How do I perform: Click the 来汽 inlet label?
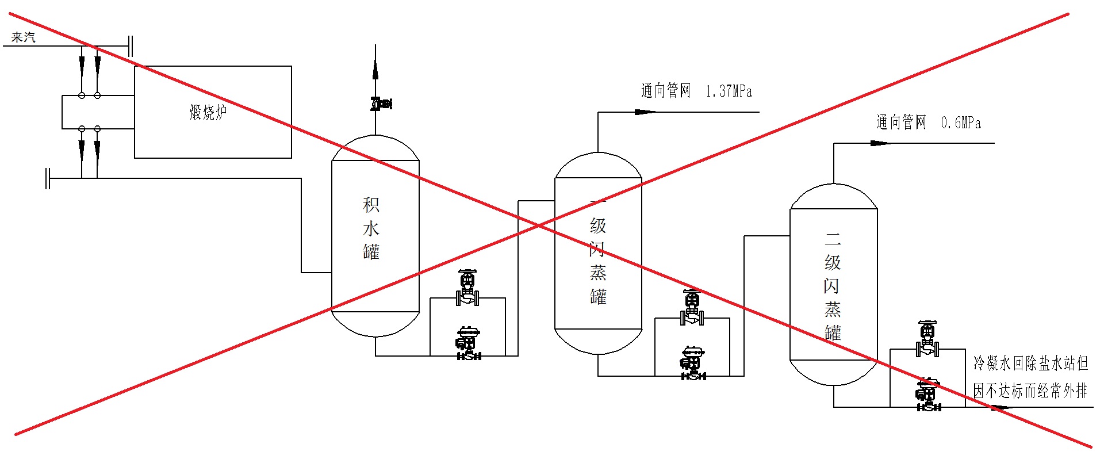point(24,37)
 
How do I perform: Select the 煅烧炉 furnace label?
point(208,112)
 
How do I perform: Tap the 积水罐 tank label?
point(371,228)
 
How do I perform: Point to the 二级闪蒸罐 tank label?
point(833,286)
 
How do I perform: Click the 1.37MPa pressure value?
point(729,91)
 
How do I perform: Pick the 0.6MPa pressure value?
point(961,123)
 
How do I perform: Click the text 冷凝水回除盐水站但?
point(1030,363)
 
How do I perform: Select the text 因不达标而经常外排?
point(1030,391)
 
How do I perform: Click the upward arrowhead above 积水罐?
point(375,69)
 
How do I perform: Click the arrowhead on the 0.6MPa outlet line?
point(880,143)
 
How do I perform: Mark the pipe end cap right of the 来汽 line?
point(131,46)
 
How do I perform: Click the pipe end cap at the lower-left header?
point(48,178)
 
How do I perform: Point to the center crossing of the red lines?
point(539,225)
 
